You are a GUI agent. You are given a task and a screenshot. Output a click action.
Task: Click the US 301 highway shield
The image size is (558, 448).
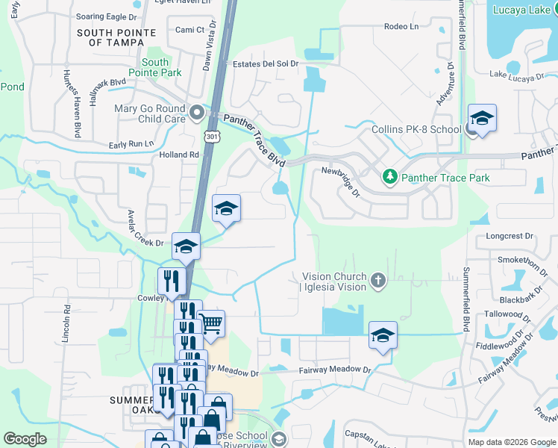tap(213, 137)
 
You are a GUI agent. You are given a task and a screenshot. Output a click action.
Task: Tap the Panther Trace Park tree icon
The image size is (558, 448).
tap(389, 178)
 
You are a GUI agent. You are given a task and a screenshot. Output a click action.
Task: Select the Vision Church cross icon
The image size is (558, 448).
tap(378, 281)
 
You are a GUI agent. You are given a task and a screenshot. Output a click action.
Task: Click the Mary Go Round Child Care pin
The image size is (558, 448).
tap(197, 113)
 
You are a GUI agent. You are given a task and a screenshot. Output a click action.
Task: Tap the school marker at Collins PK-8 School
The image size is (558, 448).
tap(482, 119)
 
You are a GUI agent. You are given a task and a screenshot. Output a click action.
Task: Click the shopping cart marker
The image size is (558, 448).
tap(211, 324)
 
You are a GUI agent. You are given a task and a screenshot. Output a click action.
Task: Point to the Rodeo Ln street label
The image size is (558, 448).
tap(401, 27)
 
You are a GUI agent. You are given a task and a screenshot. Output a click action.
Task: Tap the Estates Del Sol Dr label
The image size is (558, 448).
tap(266, 64)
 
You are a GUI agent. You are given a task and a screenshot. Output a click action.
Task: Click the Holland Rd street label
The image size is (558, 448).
tap(179, 155)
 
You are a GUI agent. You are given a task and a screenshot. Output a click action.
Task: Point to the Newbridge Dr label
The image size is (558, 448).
tap(340, 181)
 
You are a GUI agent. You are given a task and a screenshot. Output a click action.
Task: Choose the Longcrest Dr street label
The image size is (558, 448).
tap(510, 236)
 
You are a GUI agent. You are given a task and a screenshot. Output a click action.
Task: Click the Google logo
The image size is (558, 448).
tap(25, 439)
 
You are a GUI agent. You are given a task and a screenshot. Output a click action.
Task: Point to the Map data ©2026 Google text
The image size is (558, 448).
tap(510, 442)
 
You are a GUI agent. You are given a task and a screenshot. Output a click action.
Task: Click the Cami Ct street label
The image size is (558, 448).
tap(189, 30)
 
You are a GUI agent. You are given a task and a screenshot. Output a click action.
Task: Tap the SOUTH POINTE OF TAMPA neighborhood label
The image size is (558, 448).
tap(116, 37)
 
